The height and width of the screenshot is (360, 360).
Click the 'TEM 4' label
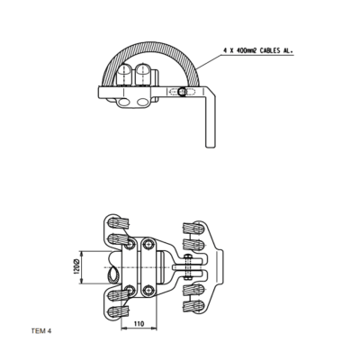click(41, 331)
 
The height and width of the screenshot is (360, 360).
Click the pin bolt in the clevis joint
click(185, 265)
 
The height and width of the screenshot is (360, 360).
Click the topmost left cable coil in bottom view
click(115, 222)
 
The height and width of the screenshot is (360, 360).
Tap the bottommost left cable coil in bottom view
click(115, 311)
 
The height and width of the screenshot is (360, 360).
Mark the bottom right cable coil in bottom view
click(193, 308)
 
